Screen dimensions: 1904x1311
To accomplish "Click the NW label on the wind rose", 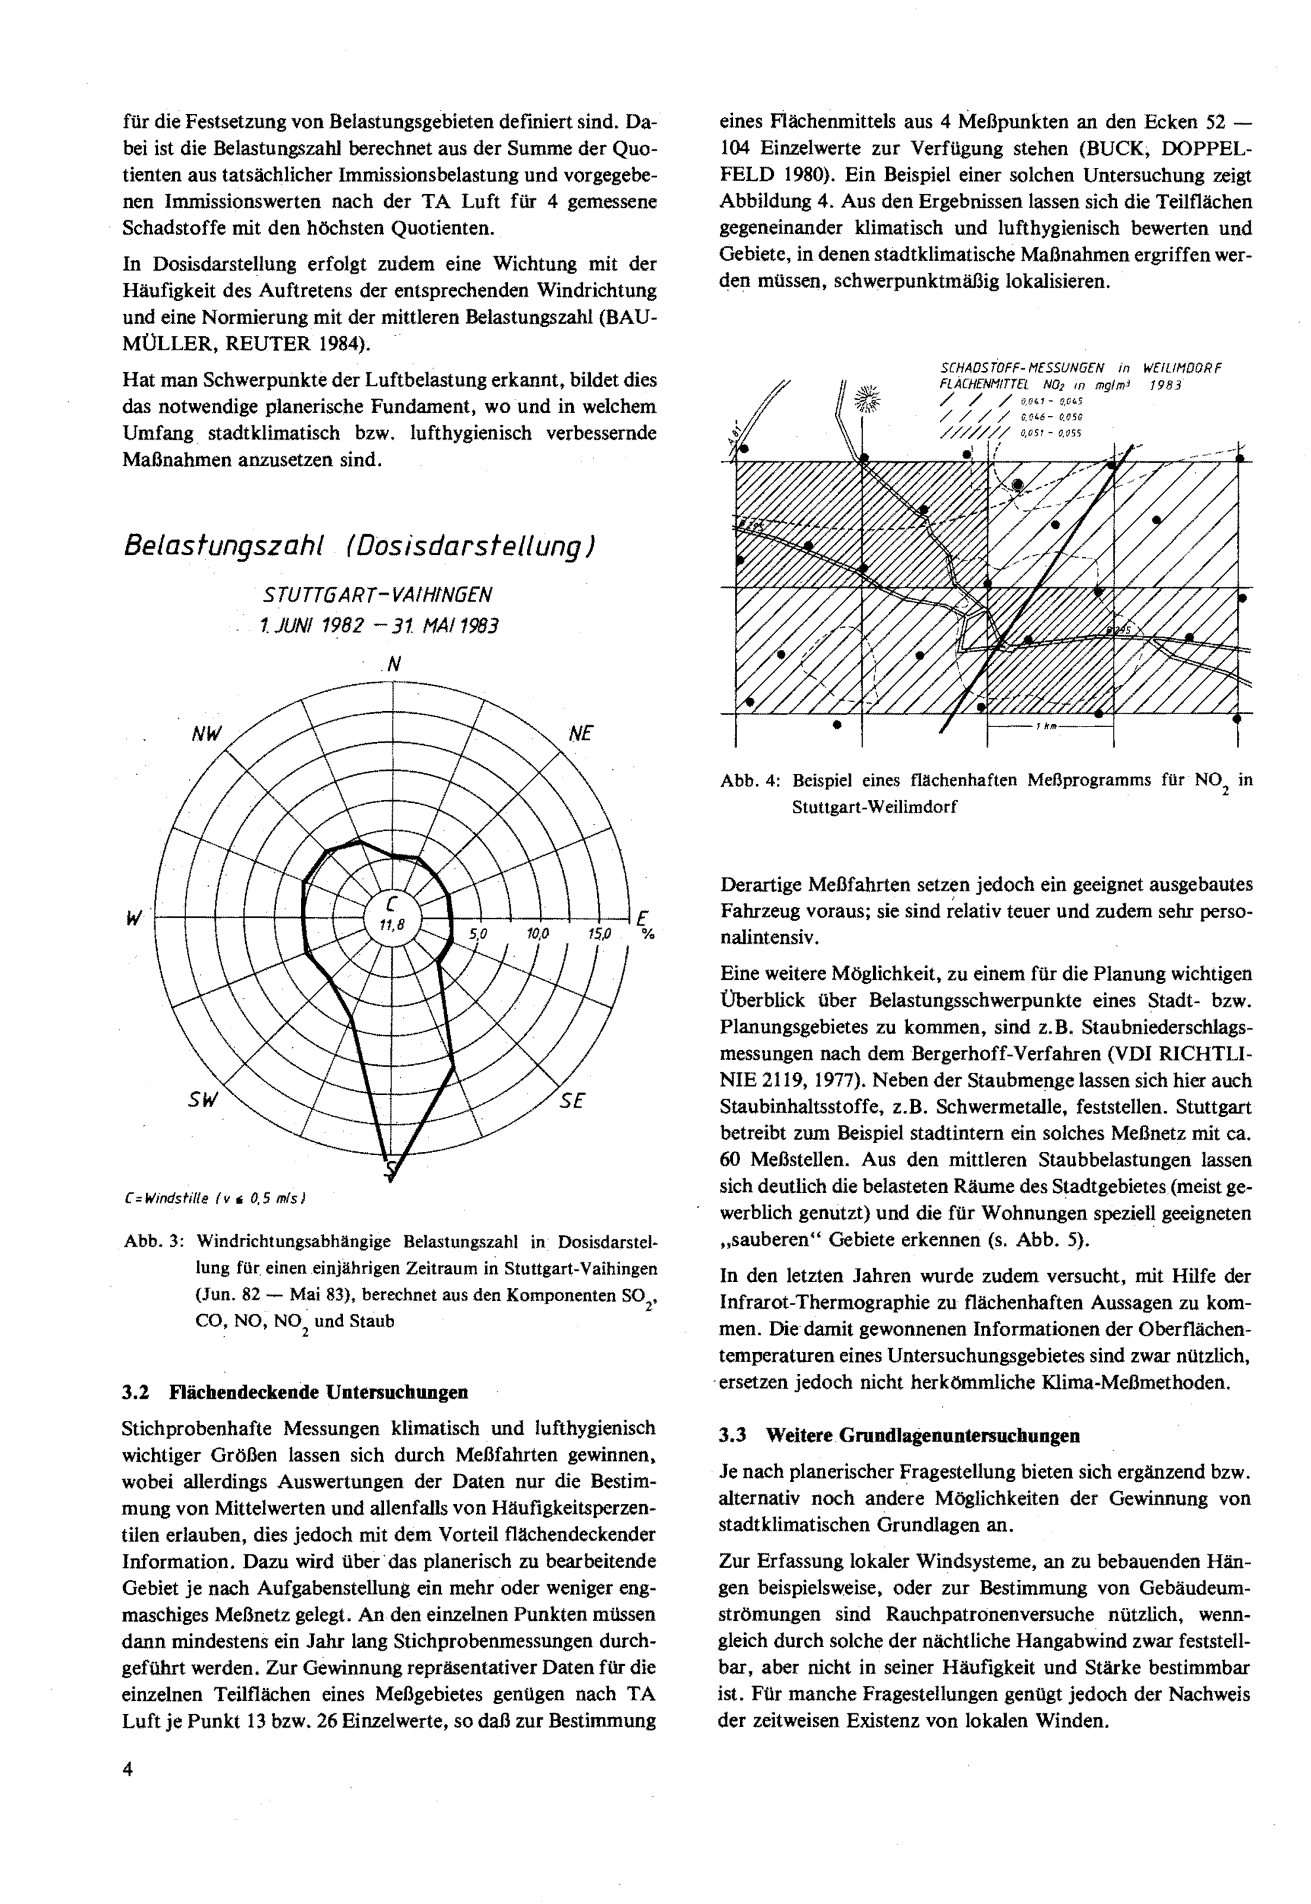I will coord(206,734).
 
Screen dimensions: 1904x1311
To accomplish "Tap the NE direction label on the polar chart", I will coord(580,733).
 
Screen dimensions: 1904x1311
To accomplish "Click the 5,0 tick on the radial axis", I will coord(478,934).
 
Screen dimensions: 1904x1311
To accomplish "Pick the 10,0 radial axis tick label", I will coord(538,934).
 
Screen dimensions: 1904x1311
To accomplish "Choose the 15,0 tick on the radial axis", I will coord(600,934).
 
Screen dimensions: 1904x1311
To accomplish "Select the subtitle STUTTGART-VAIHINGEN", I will coord(378,594).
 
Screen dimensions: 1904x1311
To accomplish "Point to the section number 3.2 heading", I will coord(135,1392).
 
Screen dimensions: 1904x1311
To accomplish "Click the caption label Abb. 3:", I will coord(153,1242).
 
